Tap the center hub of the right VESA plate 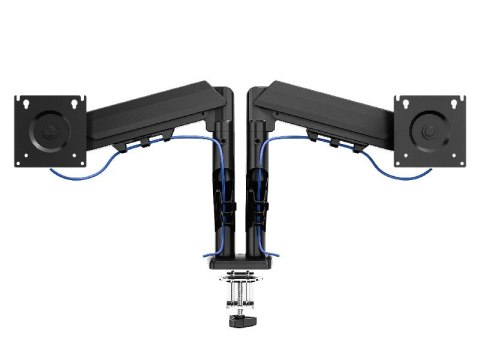[x=431, y=129]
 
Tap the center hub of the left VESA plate [x=47, y=129]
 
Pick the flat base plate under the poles [x=239, y=264]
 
